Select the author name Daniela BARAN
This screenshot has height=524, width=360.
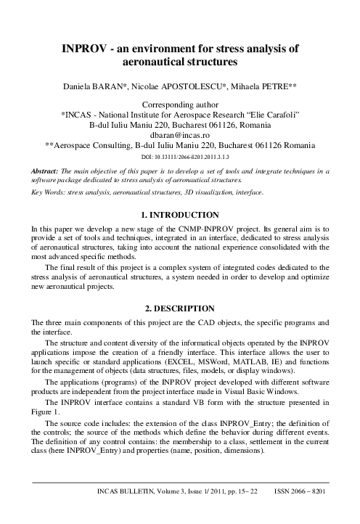94,89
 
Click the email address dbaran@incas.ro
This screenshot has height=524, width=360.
179,135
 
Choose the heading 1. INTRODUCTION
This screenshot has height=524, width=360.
179,215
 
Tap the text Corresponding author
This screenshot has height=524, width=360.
179,105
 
